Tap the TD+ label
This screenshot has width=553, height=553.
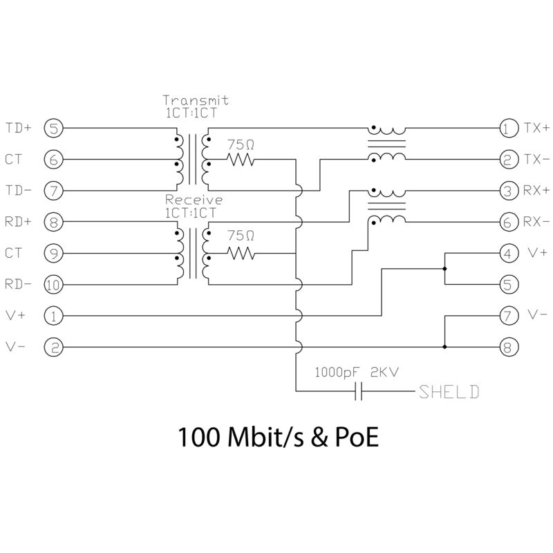point(18,128)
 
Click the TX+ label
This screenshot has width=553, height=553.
point(536,128)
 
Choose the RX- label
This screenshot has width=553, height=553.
point(536,222)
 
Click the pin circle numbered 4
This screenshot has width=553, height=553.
point(508,253)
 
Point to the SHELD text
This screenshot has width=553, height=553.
point(448,393)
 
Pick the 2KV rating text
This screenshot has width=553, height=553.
point(384,371)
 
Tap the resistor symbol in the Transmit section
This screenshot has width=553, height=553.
point(241,160)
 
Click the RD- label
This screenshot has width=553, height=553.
point(18,284)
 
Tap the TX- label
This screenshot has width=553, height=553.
point(536,160)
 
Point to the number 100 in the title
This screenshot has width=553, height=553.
point(197,438)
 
